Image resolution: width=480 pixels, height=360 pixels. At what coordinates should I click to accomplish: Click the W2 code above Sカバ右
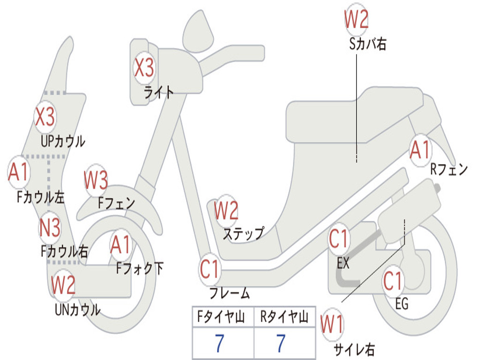point(356,19)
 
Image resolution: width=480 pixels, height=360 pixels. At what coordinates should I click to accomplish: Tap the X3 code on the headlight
point(144,68)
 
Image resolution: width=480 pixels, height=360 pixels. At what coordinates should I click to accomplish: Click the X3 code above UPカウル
point(45,117)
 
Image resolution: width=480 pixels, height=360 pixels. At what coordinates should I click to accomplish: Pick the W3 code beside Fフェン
point(96,180)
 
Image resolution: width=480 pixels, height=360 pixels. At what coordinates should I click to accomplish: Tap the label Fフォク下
point(140,269)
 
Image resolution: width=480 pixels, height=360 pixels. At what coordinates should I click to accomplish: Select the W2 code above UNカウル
point(63,285)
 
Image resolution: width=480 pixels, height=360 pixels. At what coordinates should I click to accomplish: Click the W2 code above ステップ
point(226,211)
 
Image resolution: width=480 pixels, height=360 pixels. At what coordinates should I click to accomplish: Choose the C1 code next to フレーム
point(210,270)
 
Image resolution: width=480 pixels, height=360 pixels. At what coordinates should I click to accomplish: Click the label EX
point(343,263)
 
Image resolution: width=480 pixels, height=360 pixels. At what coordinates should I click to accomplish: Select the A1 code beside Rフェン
point(420,150)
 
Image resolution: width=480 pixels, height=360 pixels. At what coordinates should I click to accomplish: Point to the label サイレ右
point(354,349)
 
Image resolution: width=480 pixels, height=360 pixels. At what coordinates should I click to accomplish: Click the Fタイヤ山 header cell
point(223,317)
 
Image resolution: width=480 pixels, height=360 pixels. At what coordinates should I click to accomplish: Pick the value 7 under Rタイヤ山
point(281,344)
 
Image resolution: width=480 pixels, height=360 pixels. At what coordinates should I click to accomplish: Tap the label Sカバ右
point(368,45)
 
